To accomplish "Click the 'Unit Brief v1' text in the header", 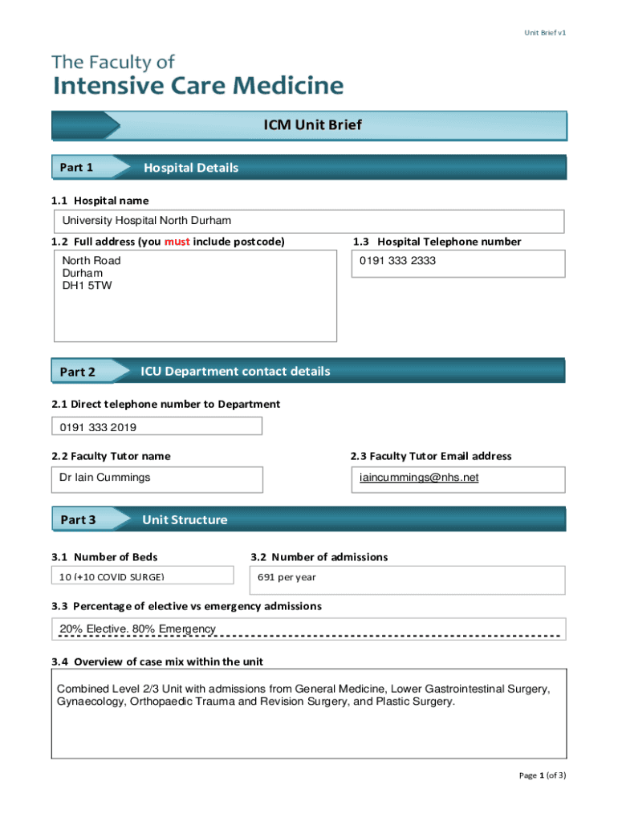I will (x=545, y=33).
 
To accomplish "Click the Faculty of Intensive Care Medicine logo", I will (x=197, y=75).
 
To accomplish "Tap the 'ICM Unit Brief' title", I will (x=313, y=125).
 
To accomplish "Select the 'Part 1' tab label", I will (x=77, y=168).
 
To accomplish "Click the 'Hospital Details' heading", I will (x=191, y=168).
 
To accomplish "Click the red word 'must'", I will (x=177, y=242).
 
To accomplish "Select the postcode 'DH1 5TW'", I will (x=87, y=285).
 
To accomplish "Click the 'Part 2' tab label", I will (x=77, y=372).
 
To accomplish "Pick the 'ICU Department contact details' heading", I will (x=235, y=371).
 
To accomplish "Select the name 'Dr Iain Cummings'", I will (x=104, y=478).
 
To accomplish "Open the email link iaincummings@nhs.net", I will (x=419, y=478).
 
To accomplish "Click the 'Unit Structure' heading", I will (x=185, y=519).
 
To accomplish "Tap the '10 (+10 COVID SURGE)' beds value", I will (x=112, y=577).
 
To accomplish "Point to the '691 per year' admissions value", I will (x=287, y=576).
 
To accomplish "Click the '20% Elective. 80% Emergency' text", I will (x=137, y=629).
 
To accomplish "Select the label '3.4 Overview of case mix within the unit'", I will (x=157, y=661).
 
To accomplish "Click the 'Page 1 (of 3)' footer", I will (x=543, y=775).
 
